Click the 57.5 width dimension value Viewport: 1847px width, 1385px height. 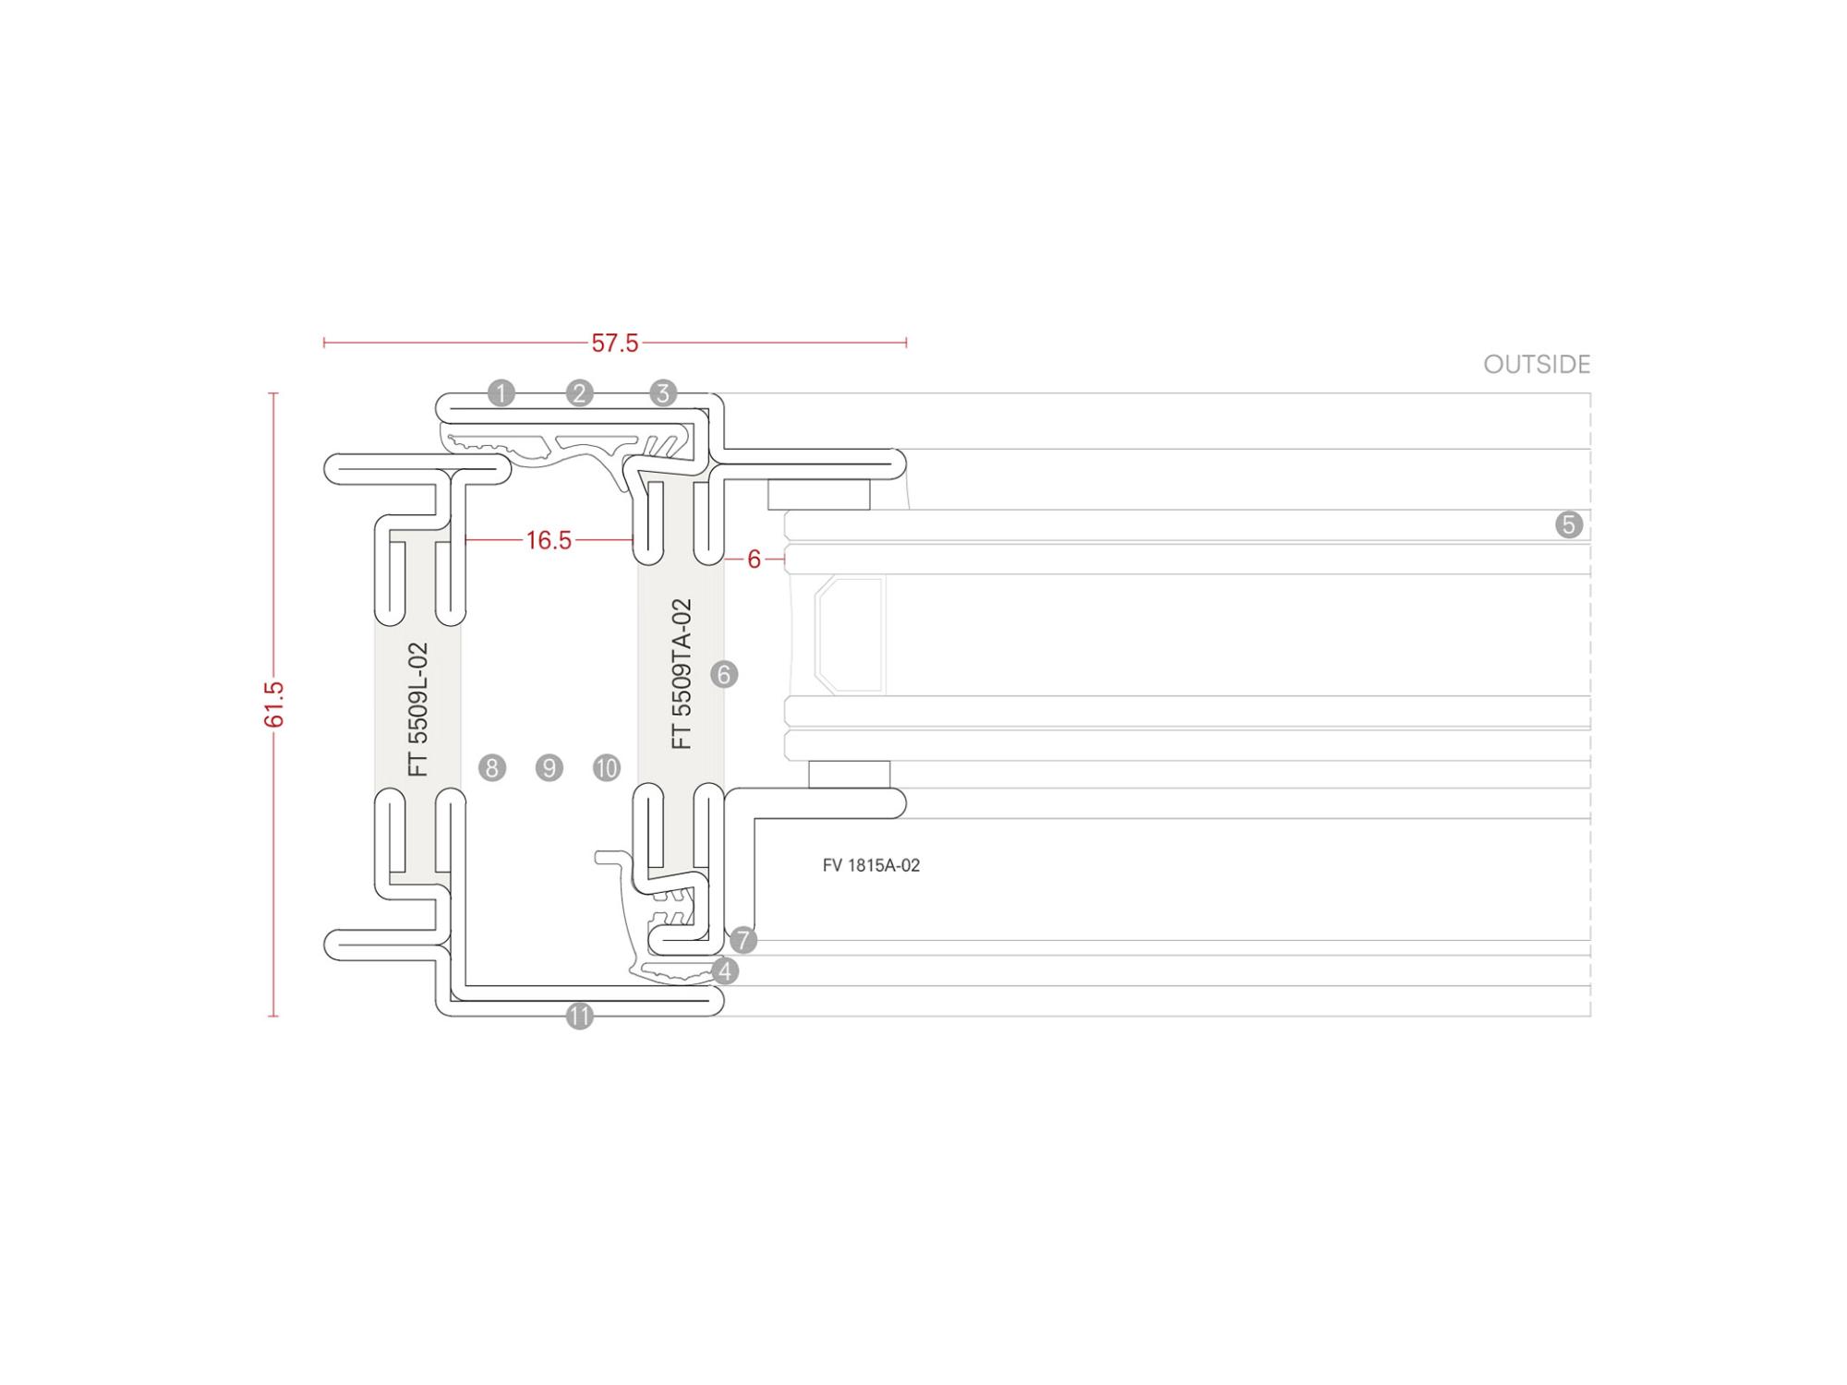pos(615,343)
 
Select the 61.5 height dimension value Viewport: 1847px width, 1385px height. pos(274,705)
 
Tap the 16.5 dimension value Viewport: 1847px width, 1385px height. pos(549,540)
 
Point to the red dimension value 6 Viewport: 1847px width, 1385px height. pos(754,560)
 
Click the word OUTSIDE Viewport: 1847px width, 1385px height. pos(1537,365)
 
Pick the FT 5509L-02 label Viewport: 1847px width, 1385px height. pos(418,709)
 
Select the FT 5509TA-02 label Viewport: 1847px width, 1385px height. pos(682,674)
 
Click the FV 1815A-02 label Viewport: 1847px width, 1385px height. pos(871,866)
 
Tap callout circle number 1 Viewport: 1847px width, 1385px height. pos(501,393)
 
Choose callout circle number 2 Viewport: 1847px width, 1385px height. pos(579,393)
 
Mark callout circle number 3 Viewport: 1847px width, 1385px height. pos(663,393)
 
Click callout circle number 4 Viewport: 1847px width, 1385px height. pos(726,971)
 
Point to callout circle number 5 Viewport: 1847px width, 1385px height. pos(1569,525)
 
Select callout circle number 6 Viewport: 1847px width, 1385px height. pos(724,675)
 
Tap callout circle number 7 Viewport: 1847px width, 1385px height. pos(743,941)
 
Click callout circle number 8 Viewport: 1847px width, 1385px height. pos(492,767)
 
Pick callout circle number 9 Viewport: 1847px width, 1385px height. pos(549,767)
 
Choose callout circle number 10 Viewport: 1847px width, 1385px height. pos(607,767)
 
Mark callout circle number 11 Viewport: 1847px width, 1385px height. pos(579,1017)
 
